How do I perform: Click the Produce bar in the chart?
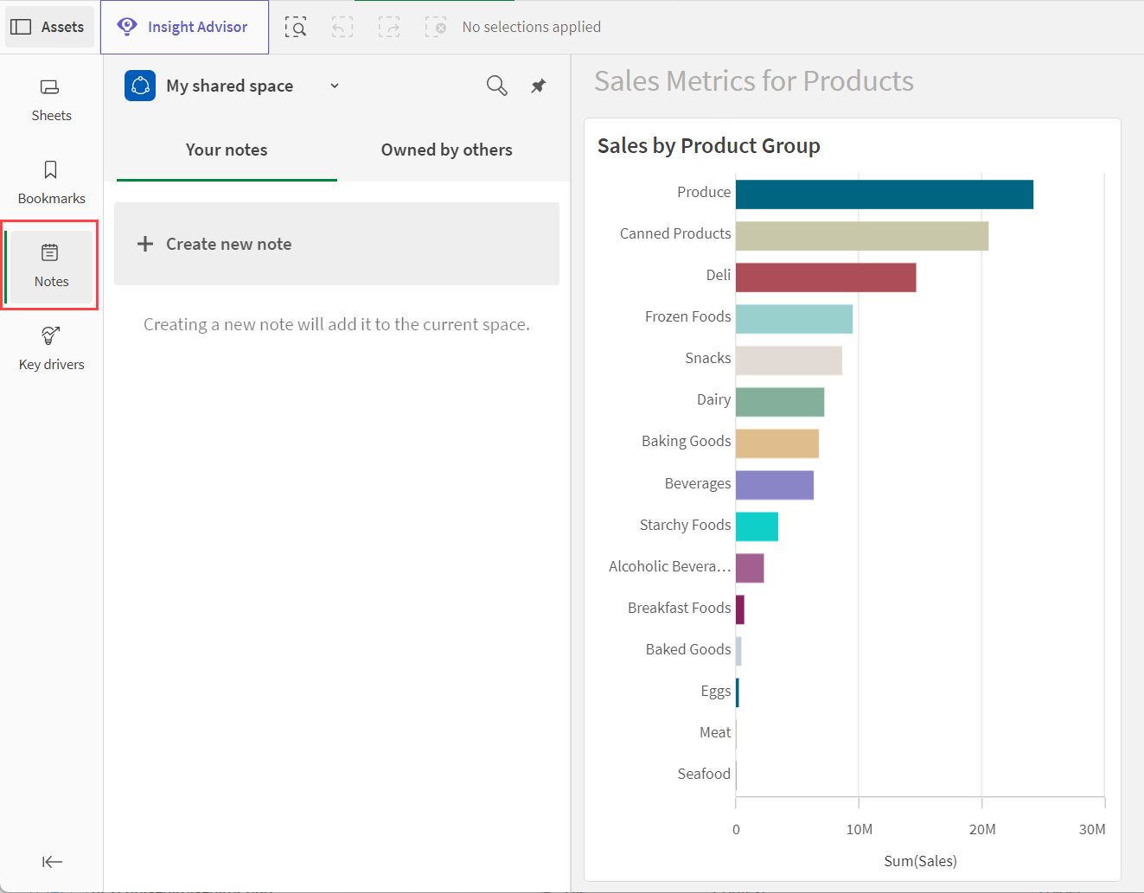coord(884,195)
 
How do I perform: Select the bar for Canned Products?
coord(862,236)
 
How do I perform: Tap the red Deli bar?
coord(826,277)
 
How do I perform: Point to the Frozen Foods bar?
coord(794,319)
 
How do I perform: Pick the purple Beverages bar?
coord(775,485)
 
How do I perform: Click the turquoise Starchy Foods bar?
coord(757,526)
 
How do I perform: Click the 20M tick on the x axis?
coord(981,829)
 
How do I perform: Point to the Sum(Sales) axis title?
coord(920,861)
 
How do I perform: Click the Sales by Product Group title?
coord(708,146)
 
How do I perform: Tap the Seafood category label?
coord(704,774)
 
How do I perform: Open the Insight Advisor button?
coord(184,27)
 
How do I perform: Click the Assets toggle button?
coord(49,27)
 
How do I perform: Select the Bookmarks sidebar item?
coord(51,182)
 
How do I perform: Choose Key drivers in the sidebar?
coord(51,349)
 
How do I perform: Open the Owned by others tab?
coord(446,150)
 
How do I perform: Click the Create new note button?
coord(336,244)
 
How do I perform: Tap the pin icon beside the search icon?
coord(538,86)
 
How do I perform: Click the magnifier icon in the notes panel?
coord(497,86)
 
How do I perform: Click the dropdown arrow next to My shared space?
coord(335,86)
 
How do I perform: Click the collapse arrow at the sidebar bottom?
coord(52,861)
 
